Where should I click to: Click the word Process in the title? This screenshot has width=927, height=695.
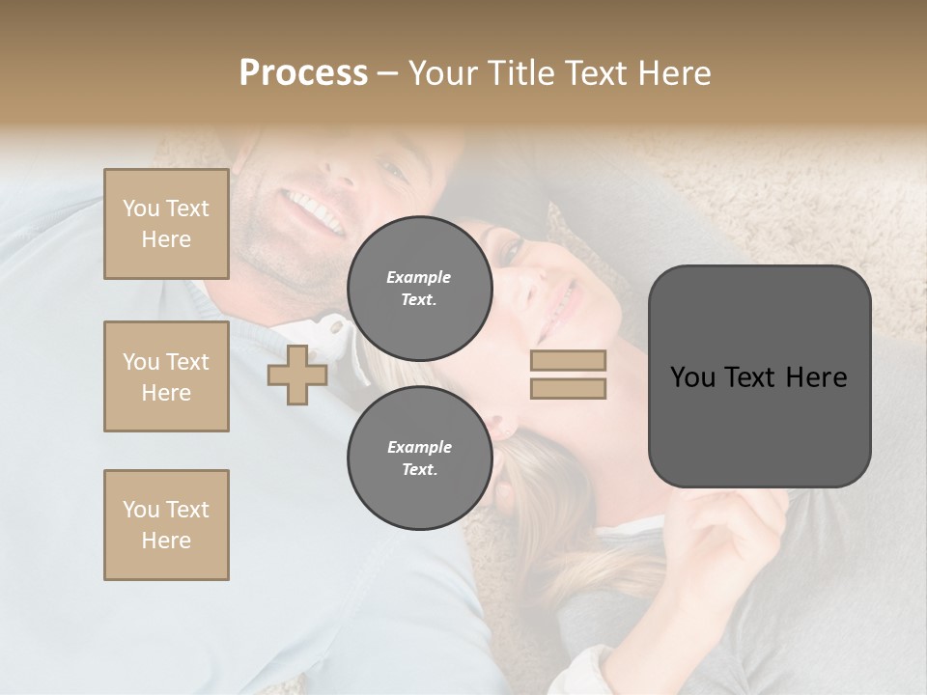pyautogui.click(x=303, y=73)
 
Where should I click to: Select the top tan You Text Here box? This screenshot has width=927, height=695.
pyautogui.click(x=166, y=224)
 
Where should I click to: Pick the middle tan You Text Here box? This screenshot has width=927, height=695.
pyautogui.click(x=166, y=376)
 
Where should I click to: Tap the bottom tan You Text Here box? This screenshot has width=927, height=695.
pyautogui.click(x=166, y=524)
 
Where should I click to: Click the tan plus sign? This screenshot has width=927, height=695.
pyautogui.click(x=297, y=375)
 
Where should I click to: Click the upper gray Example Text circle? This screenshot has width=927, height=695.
pyautogui.click(x=419, y=288)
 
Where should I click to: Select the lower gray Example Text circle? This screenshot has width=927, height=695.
pyautogui.click(x=419, y=458)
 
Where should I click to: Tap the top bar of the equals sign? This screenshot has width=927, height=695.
pyautogui.click(x=568, y=360)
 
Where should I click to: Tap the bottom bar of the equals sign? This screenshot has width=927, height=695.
pyautogui.click(x=568, y=388)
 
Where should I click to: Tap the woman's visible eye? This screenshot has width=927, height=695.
pyautogui.click(x=512, y=251)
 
